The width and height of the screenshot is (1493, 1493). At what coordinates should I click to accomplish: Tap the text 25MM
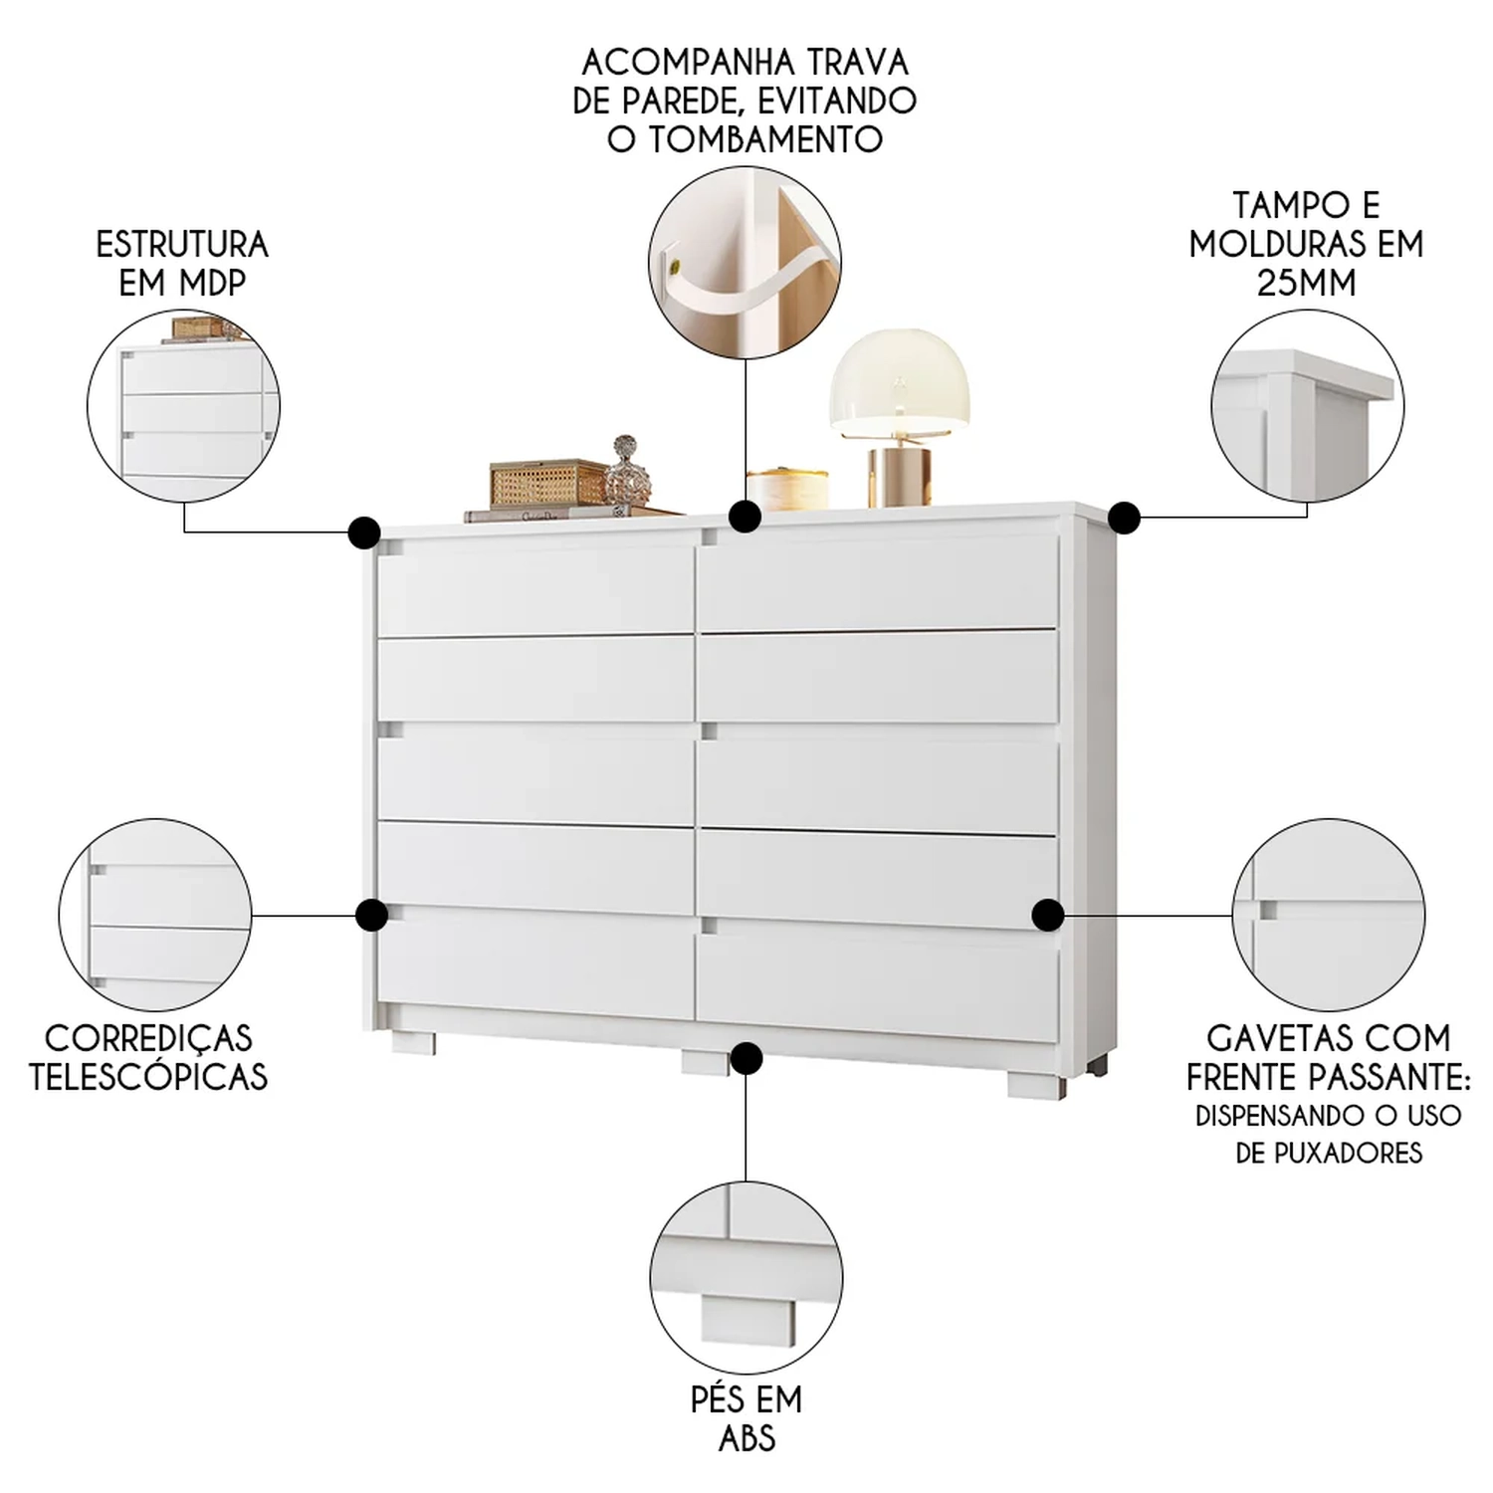click(1306, 283)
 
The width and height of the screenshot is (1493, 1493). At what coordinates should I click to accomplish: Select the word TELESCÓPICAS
click(148, 1076)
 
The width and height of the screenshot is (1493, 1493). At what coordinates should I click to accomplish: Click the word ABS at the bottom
click(746, 1438)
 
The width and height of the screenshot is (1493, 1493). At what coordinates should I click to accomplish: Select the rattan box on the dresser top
click(547, 485)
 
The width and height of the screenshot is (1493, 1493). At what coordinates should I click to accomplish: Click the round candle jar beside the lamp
click(786, 490)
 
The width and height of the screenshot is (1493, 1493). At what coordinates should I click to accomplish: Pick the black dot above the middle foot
click(746, 1058)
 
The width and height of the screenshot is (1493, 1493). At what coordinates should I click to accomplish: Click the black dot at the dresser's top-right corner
click(1124, 518)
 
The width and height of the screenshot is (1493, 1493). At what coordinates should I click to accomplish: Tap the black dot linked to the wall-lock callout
click(745, 517)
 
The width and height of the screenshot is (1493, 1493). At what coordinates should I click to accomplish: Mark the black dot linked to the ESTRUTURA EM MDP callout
click(364, 532)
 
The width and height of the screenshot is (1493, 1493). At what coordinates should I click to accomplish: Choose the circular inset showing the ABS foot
click(746, 1278)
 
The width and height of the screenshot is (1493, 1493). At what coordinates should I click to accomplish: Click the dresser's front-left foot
click(413, 1042)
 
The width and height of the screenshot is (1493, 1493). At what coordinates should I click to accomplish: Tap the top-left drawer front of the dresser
click(535, 587)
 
